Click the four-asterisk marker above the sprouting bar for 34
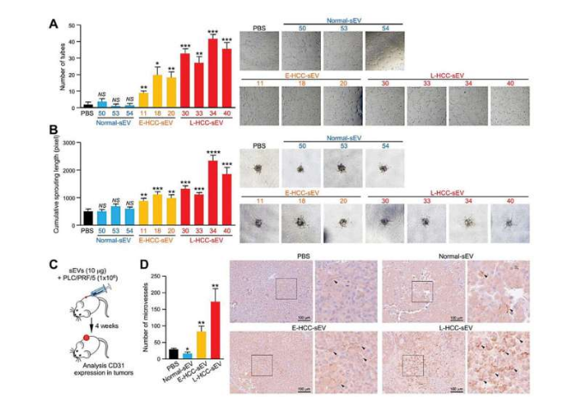click(212, 151)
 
